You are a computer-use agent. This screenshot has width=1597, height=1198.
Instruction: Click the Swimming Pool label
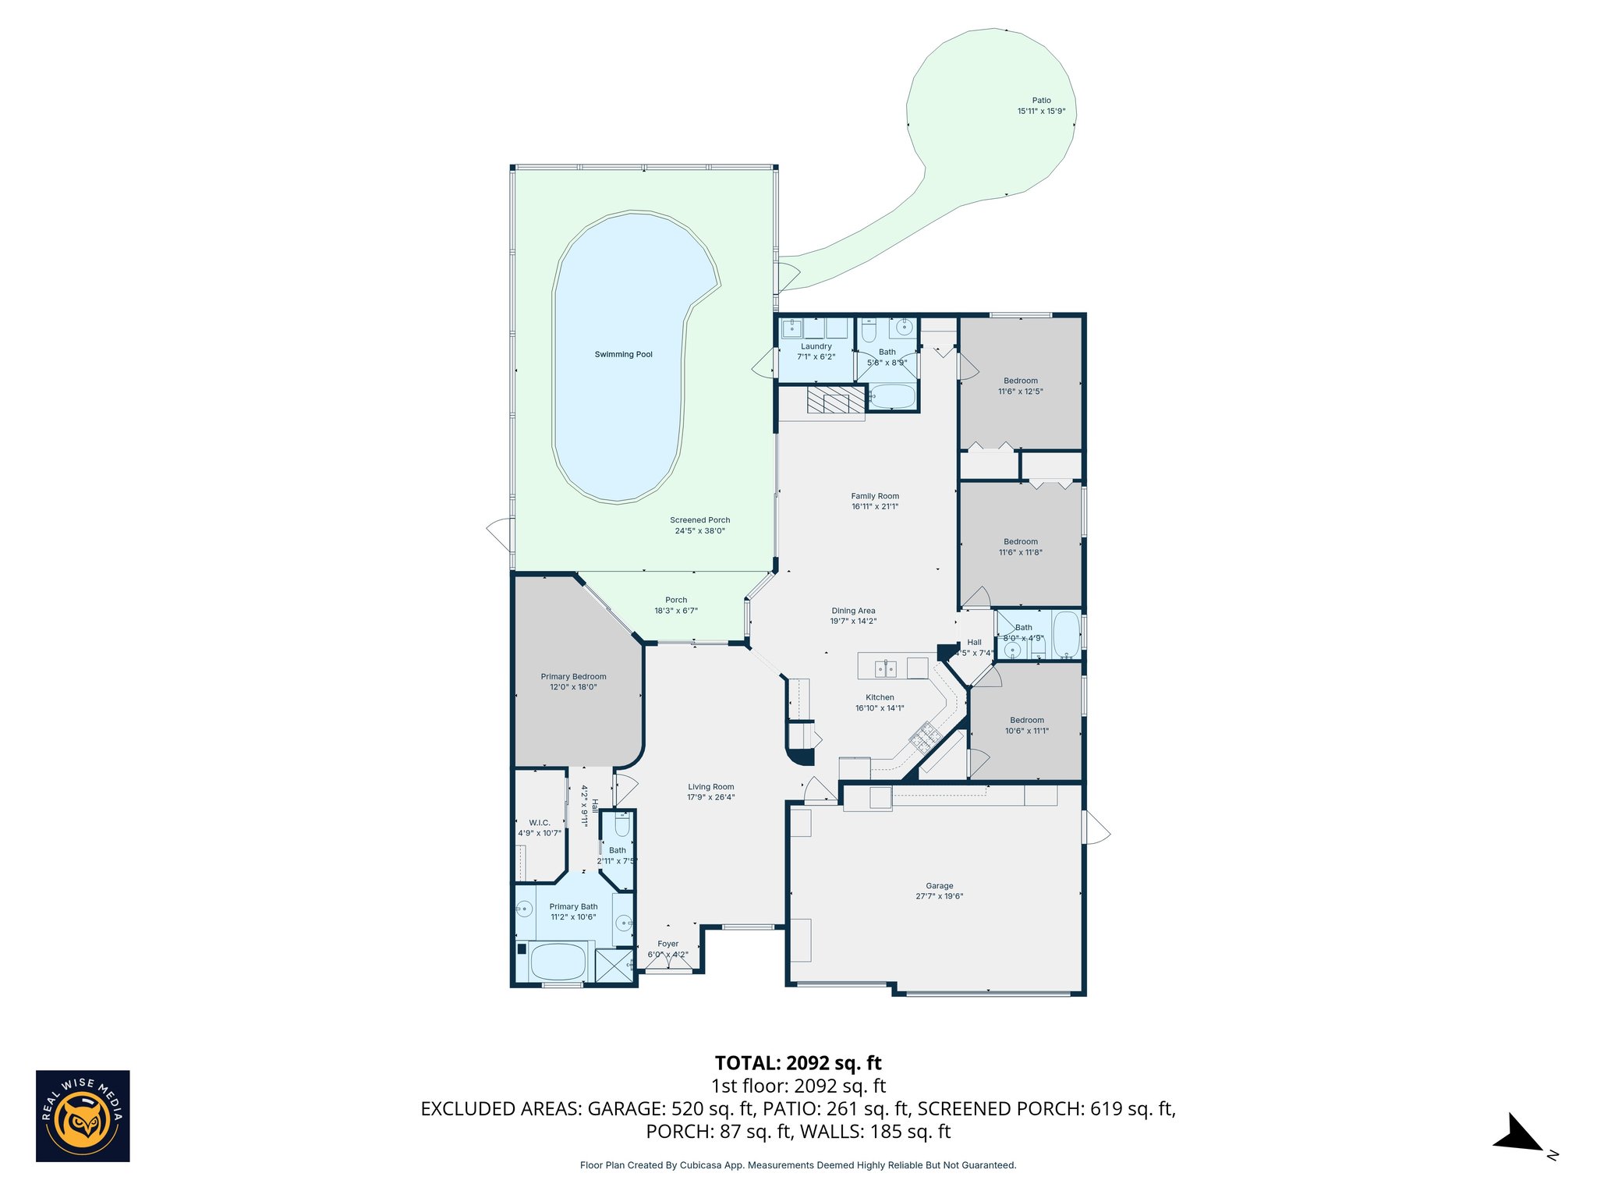point(623,354)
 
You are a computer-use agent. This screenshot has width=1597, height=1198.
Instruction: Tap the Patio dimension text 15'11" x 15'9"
point(1041,112)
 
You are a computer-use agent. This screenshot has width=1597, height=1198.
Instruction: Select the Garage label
point(939,885)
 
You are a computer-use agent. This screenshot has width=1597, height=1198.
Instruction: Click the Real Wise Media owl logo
point(83,1116)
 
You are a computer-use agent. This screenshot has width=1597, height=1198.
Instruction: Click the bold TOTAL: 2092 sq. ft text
point(798,1063)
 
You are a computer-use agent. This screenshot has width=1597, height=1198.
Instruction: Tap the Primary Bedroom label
point(573,676)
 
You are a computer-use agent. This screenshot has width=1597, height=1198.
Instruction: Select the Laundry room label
point(816,346)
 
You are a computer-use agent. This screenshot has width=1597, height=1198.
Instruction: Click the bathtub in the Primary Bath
point(557,962)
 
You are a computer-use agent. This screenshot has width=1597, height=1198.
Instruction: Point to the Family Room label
point(875,496)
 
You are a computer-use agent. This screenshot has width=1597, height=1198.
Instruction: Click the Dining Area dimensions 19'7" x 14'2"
point(853,622)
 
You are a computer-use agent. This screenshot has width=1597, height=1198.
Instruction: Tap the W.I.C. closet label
point(539,823)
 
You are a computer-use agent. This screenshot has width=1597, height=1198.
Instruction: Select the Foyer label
point(667,944)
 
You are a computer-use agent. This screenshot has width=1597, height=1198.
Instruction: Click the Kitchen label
point(880,697)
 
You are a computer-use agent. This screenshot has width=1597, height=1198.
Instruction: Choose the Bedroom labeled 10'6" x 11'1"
point(1026,725)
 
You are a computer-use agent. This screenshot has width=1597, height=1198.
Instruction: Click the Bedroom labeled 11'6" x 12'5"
point(1020,386)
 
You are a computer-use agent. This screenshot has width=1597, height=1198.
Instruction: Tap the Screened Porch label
point(699,520)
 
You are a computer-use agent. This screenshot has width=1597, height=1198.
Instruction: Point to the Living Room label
point(710,787)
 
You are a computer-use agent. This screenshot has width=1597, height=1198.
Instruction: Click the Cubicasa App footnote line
point(798,1165)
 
